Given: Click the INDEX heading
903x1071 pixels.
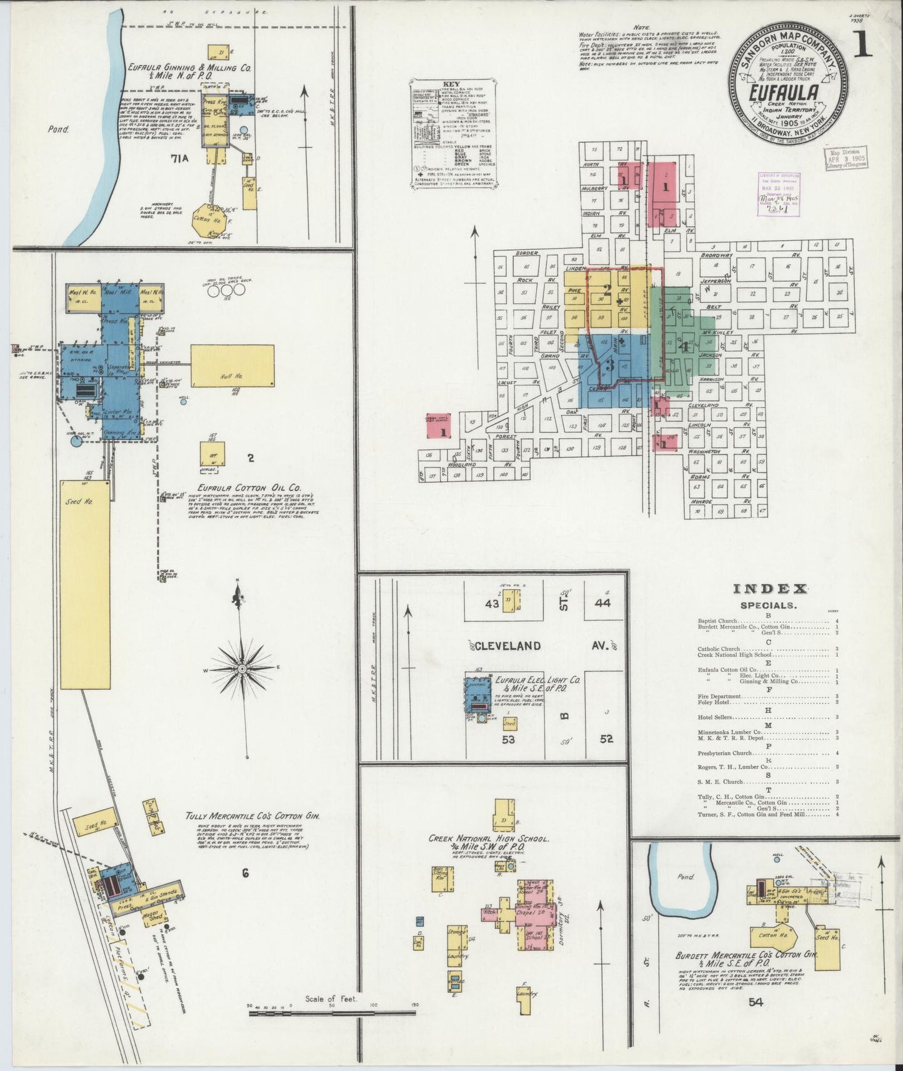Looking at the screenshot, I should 770,589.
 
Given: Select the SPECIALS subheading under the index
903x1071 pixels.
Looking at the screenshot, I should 767,605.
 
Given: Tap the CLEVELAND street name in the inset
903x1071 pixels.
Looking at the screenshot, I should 507,646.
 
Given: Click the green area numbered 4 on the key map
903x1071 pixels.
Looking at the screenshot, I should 686,346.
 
